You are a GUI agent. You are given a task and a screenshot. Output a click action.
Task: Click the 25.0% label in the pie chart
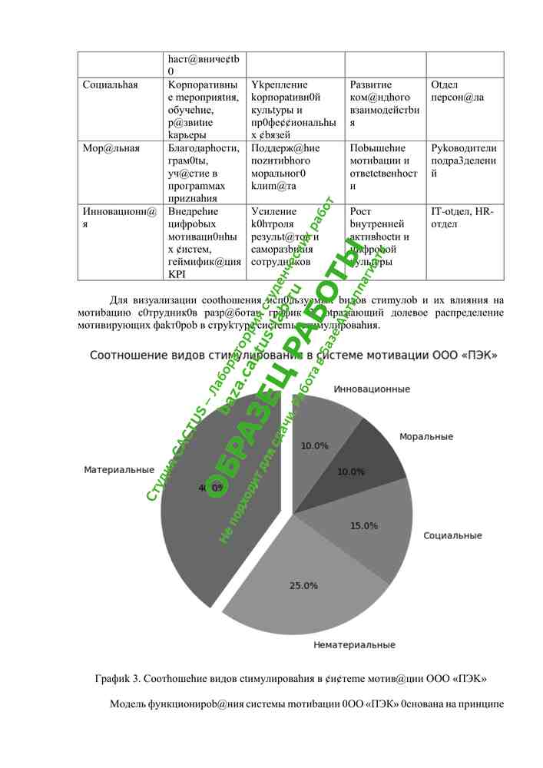click(x=303, y=585)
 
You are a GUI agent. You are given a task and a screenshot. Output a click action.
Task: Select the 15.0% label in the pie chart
click(x=363, y=526)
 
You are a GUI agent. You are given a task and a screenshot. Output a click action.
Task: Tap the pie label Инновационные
click(x=372, y=389)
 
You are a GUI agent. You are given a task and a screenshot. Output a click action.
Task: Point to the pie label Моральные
click(x=425, y=436)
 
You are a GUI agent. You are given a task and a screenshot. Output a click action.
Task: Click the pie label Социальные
click(x=452, y=535)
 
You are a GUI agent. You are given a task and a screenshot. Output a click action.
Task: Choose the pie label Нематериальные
click(x=354, y=645)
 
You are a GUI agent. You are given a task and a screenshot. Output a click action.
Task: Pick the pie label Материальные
click(x=119, y=469)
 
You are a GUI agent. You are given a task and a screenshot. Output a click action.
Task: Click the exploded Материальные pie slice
click(x=223, y=507)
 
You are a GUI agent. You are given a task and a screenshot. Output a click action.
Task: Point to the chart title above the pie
click(x=294, y=355)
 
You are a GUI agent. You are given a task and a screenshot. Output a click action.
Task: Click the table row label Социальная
click(x=111, y=84)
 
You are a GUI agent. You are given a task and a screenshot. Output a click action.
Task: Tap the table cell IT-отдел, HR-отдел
click(x=462, y=218)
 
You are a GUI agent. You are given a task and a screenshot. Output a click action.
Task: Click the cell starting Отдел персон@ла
click(x=458, y=91)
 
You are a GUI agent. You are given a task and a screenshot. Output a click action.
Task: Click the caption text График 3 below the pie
click(x=291, y=679)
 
